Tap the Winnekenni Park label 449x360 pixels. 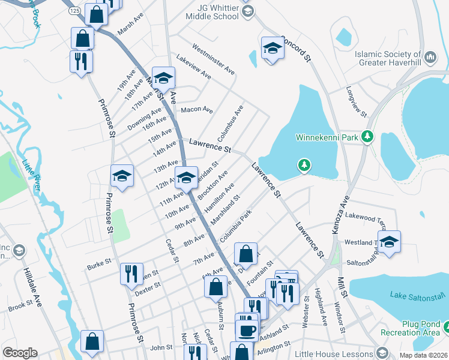(327, 137)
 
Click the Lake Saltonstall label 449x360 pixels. (418, 295)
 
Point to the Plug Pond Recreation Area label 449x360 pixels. (412, 328)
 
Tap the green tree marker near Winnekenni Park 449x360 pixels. (305, 164)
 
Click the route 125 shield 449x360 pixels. (74, 11)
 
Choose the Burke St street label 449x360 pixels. (99, 262)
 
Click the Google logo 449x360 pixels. (20, 353)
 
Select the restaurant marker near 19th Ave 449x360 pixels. (80, 61)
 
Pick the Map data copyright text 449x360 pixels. (423, 355)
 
